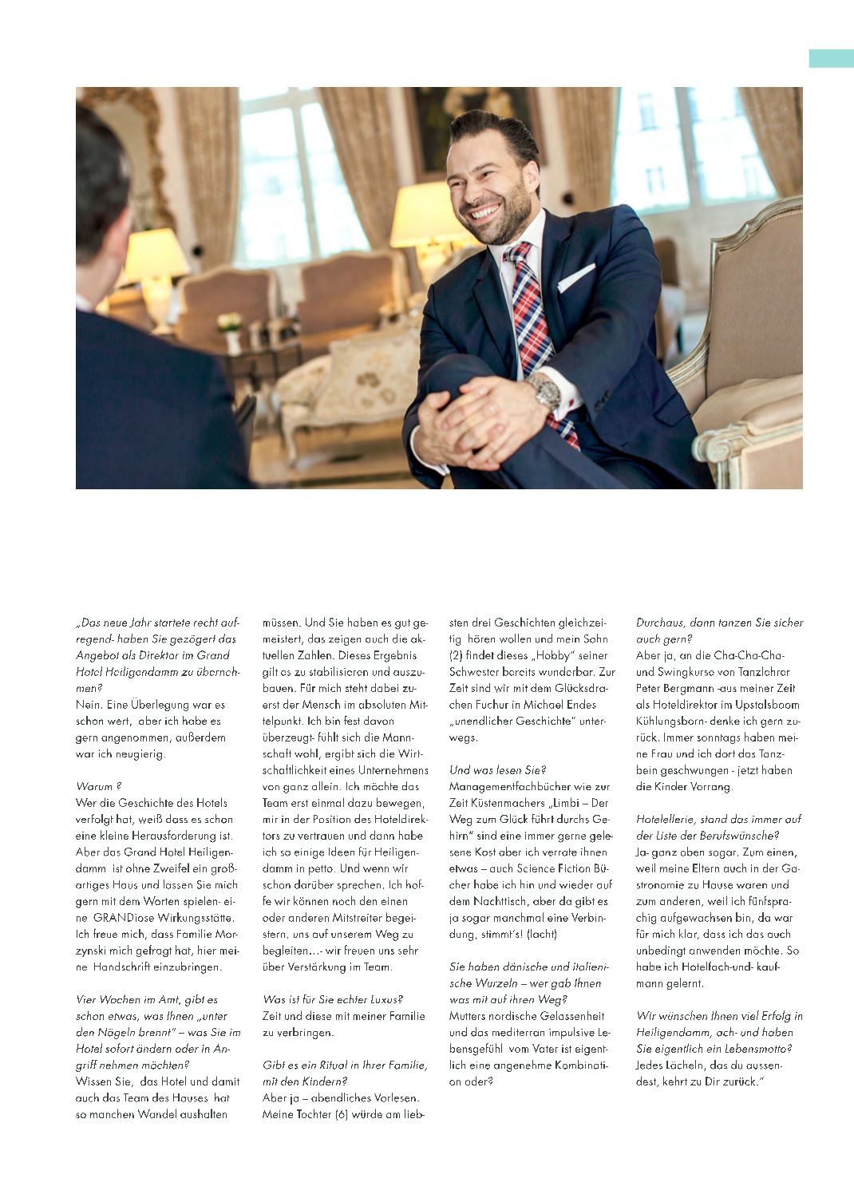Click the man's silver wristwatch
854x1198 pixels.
click(547, 391)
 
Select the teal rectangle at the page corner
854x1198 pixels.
click(831, 58)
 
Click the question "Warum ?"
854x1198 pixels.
click(99, 786)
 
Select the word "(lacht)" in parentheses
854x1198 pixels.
click(542, 934)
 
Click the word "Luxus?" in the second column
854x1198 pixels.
click(382, 999)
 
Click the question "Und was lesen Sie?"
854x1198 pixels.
click(497, 770)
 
